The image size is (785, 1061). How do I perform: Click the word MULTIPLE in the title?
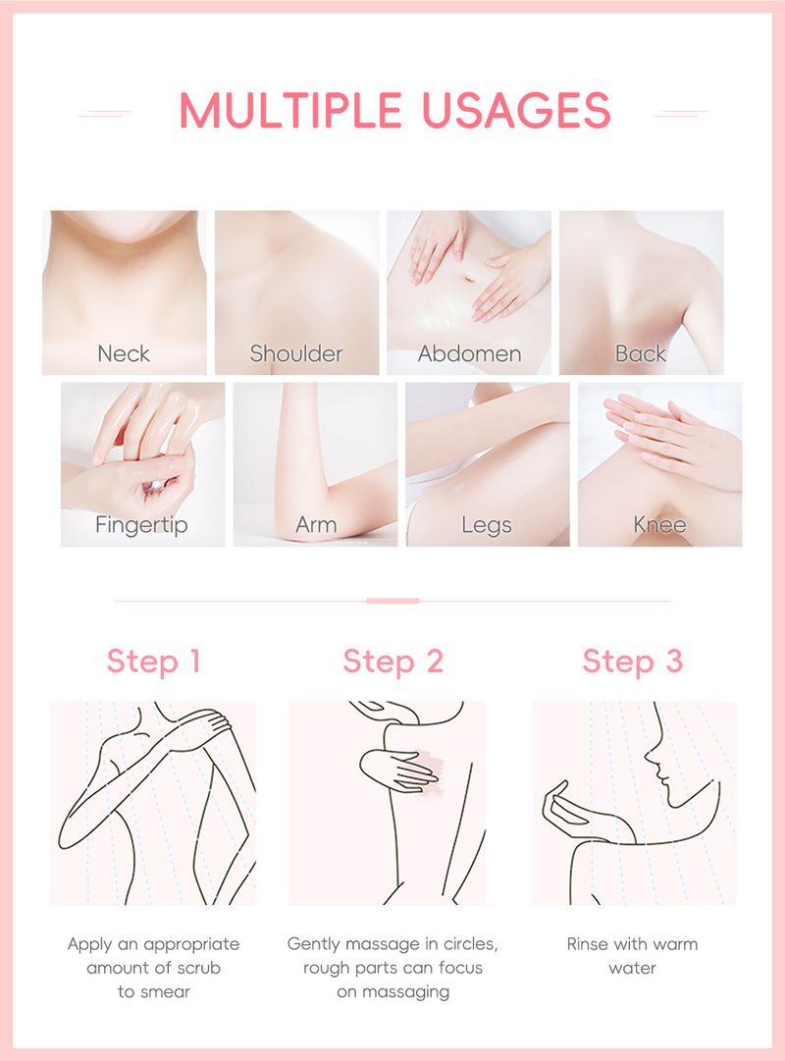coord(291,110)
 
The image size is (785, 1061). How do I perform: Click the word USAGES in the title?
coord(517,110)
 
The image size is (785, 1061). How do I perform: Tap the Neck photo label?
coord(124,353)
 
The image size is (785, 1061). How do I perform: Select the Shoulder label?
coord(296,353)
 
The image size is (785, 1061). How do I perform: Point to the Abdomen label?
coord(469,353)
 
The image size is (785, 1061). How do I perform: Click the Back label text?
coord(640,353)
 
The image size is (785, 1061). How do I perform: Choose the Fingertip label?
coord(141,525)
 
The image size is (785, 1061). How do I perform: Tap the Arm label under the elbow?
coord(316,525)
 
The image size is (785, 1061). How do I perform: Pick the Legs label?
coord(487,526)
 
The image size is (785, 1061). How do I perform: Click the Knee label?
coord(659,524)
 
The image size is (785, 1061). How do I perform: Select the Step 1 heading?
coord(154,662)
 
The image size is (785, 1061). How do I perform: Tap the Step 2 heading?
coord(393,662)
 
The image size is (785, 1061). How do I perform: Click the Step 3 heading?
coord(633,662)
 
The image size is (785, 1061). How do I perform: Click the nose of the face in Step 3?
coord(649,755)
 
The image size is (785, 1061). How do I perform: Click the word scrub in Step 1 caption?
coord(199,968)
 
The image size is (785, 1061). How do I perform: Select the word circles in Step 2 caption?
coord(470,944)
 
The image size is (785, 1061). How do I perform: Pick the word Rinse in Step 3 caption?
coord(586,944)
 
